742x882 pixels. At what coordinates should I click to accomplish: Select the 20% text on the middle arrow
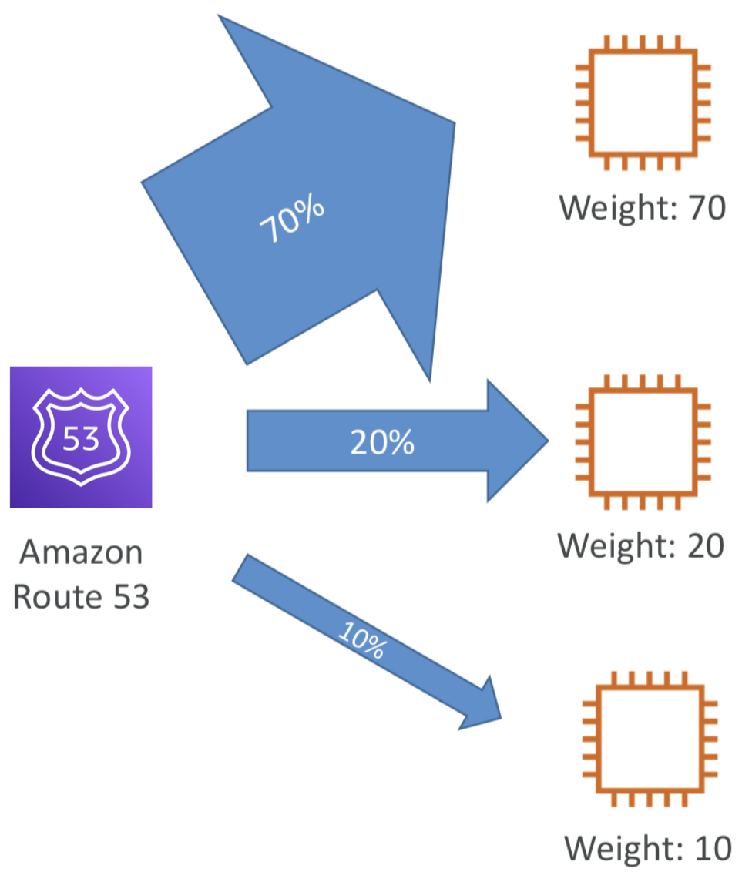[x=382, y=442]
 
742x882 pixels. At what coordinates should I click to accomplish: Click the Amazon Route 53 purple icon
[x=81, y=437]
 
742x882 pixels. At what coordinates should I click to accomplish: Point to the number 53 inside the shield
[x=81, y=439]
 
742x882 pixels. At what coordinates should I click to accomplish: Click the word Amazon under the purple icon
[x=81, y=552]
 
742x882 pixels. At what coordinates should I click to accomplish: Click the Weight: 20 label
[x=641, y=545]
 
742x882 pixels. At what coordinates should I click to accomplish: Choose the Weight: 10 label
[x=648, y=848]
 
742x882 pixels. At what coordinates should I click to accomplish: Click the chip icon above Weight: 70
[x=643, y=102]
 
